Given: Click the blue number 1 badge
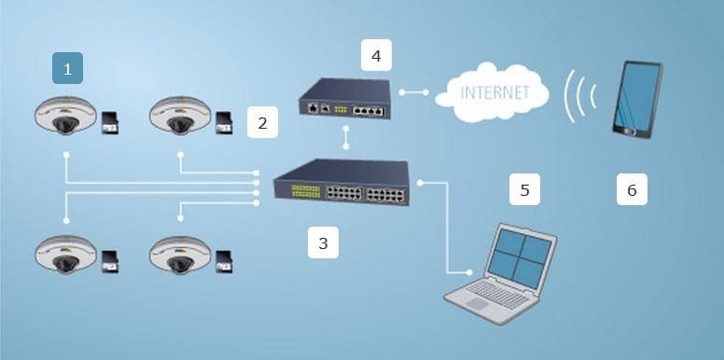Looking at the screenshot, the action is [x=67, y=68].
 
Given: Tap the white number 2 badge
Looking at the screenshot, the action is [x=262, y=122].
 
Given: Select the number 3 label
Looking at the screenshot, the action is [x=323, y=242].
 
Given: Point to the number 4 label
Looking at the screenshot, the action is [x=376, y=55].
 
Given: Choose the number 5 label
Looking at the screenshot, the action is [x=524, y=189].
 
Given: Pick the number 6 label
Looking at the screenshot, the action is [x=632, y=189].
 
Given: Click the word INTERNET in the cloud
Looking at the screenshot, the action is [x=494, y=92].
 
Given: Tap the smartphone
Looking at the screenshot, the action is [x=637, y=100].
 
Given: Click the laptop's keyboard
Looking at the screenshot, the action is [x=495, y=294].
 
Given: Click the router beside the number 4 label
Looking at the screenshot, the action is [x=345, y=99].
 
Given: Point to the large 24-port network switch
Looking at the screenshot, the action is [x=341, y=182].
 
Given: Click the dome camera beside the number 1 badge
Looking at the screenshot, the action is [x=65, y=116].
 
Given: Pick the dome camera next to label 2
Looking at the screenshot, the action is [x=180, y=116].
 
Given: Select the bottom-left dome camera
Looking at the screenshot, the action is [x=65, y=255].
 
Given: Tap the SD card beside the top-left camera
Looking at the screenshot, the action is [x=110, y=123].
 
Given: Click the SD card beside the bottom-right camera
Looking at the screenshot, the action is [x=225, y=262].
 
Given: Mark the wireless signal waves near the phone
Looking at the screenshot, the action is [x=580, y=96].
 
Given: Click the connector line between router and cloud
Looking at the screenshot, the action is [x=413, y=92].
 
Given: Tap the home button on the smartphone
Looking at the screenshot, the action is [x=629, y=132].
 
